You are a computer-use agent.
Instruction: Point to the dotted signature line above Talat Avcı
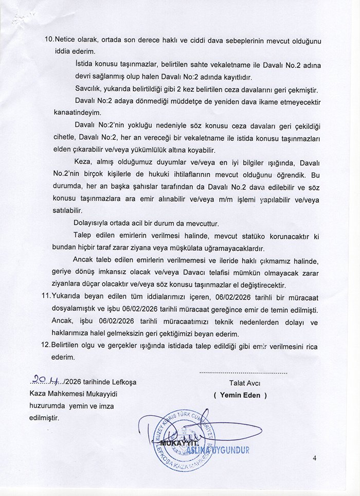tap(242, 371)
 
